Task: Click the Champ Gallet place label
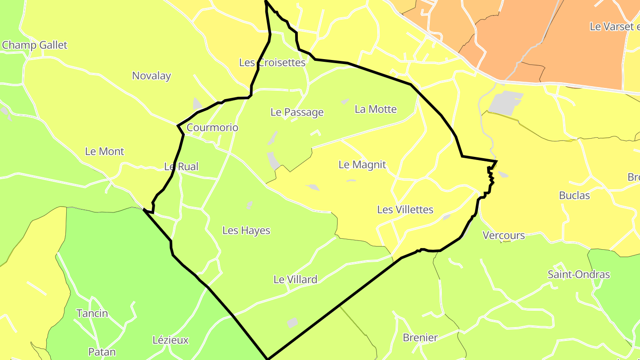[35, 45]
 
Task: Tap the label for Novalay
[152, 76]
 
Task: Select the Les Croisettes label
[272, 63]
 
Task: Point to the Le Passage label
[297, 112]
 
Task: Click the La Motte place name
[376, 109]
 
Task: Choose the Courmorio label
[212, 128]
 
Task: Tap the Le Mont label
[104, 152]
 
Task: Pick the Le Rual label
[181, 167]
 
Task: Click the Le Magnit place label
[362, 165]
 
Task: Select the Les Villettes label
[405, 210]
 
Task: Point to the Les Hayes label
[246, 231]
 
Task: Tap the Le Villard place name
[295, 280]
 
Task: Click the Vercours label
[504, 236]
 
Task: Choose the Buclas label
[574, 196]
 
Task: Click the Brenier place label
[420, 338]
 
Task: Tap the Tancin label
[92, 314]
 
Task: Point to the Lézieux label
[171, 340]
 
